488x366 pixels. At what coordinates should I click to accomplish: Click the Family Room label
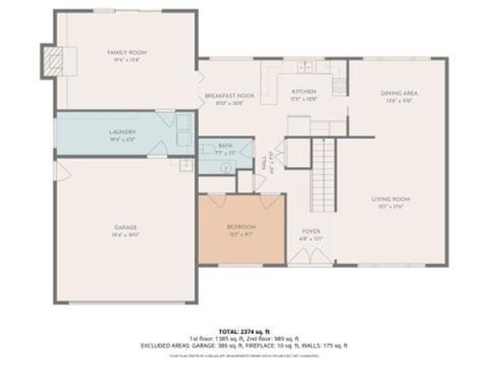tap(126, 52)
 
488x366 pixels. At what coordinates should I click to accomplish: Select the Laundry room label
tap(122, 131)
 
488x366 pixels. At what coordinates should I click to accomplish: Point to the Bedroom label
tap(241, 226)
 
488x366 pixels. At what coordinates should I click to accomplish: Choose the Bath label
tap(225, 145)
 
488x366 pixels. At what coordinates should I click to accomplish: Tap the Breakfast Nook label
tap(229, 95)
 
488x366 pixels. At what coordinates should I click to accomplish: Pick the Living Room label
tap(387, 200)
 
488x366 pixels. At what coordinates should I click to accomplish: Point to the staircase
tap(325, 172)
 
